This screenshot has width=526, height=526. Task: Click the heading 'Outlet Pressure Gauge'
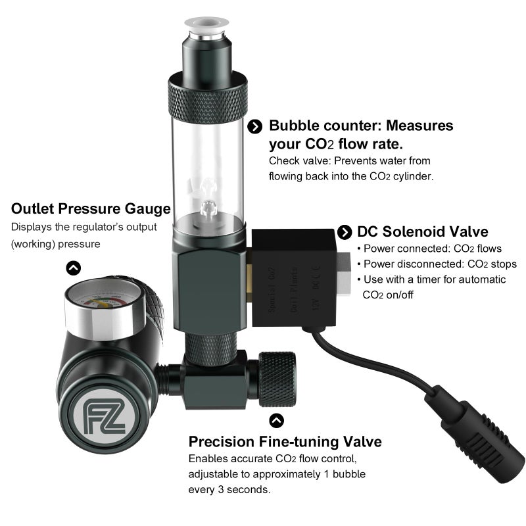(x=91, y=209)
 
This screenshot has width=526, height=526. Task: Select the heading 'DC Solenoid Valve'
(x=422, y=231)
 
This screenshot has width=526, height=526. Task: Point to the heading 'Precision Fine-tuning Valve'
(x=285, y=441)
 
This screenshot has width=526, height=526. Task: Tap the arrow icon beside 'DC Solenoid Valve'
(x=344, y=231)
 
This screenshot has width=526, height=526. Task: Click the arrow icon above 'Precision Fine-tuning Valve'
(x=277, y=420)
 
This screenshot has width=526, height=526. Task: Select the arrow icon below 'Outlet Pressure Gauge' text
(x=74, y=268)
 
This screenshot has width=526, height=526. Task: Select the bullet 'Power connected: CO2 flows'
(x=429, y=249)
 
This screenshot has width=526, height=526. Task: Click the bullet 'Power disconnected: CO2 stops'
(x=437, y=264)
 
